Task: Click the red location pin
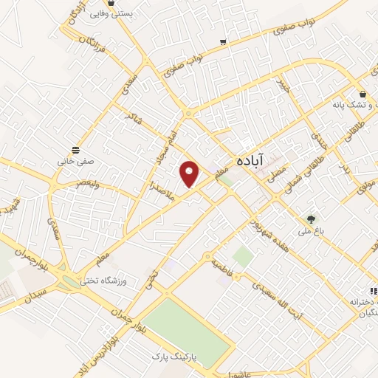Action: coord(190,173)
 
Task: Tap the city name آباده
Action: coord(252,159)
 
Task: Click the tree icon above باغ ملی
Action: coord(311,219)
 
